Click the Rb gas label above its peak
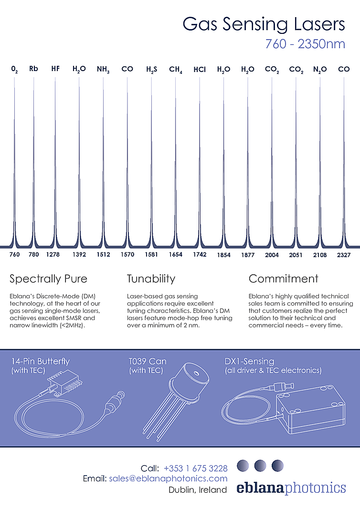pyautogui.click(x=33, y=69)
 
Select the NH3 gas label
pyautogui.click(x=103, y=70)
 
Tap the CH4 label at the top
pyautogui.click(x=175, y=70)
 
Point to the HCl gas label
pyautogui.click(x=200, y=70)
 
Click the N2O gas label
pyautogui.click(x=320, y=70)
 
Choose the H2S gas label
pyautogui.click(x=151, y=70)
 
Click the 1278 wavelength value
pyautogui.click(x=53, y=255)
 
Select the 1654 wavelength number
pyautogui.click(x=175, y=255)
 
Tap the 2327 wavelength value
pyautogui.click(x=344, y=255)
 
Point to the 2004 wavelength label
pyautogui.click(x=272, y=255)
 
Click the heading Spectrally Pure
pyautogui.click(x=48, y=279)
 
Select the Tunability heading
pyautogui.click(x=151, y=279)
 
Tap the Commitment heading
pyautogui.click(x=283, y=279)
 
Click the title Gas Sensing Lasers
pyautogui.click(x=264, y=24)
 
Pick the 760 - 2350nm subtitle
pyautogui.click(x=305, y=44)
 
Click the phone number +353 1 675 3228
pyautogui.click(x=196, y=468)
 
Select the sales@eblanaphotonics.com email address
pyautogui.click(x=169, y=478)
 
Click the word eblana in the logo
pyautogui.click(x=260, y=488)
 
